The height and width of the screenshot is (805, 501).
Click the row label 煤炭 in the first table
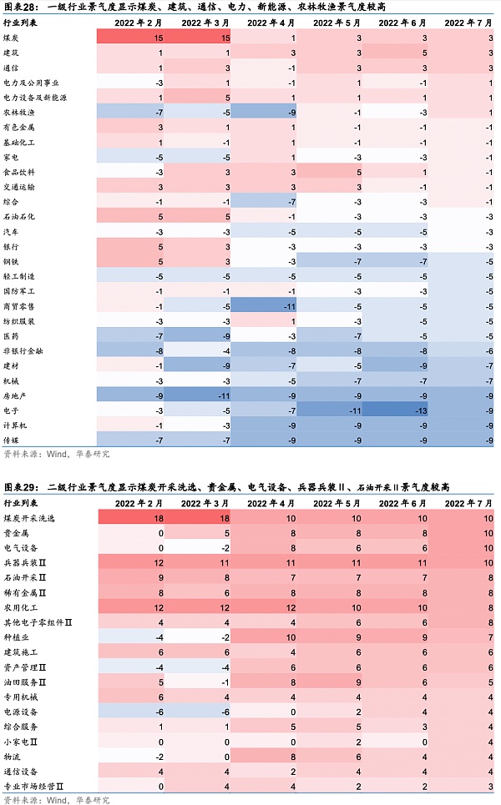(13, 38)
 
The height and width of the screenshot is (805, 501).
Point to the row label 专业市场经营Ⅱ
(34, 786)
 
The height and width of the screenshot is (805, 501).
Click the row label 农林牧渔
(19, 113)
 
